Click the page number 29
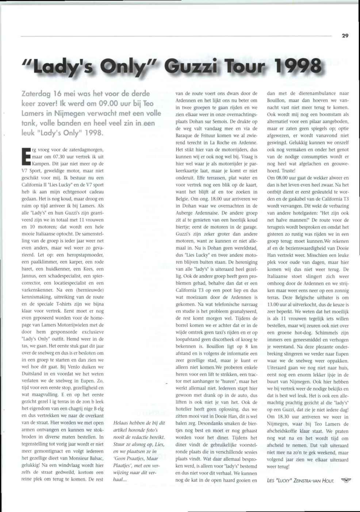(x=345, y=36)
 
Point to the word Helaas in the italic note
(x=122, y=423)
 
